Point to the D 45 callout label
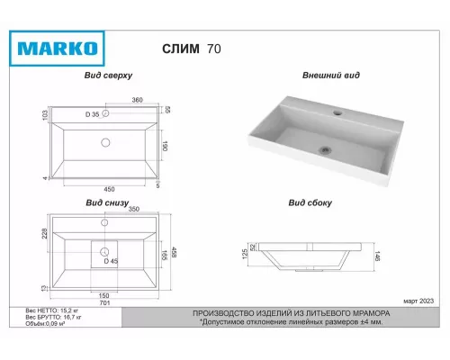pos(110,261)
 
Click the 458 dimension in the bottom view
pos(174,256)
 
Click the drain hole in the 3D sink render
pos(326,148)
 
